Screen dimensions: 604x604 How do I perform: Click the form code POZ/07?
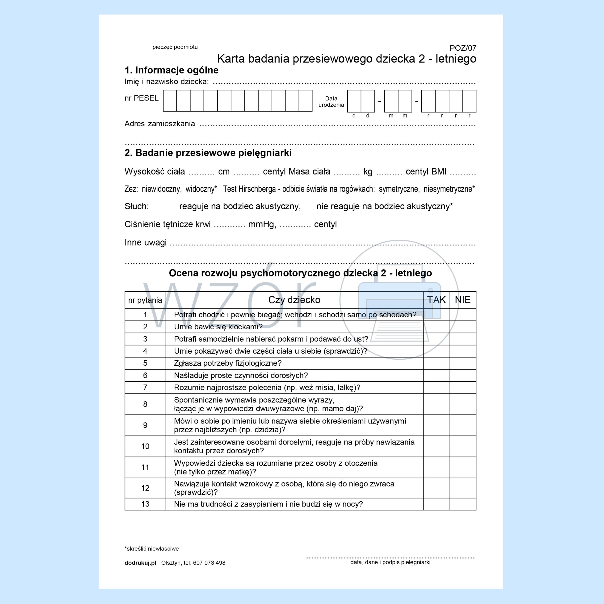click(x=463, y=48)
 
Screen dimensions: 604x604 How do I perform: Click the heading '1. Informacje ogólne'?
click(x=171, y=70)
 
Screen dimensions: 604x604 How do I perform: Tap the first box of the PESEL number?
click(x=170, y=101)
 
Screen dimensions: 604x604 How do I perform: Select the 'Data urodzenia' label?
click(x=331, y=102)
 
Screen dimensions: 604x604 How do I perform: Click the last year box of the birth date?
click(x=469, y=101)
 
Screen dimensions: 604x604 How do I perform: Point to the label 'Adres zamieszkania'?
click(x=159, y=124)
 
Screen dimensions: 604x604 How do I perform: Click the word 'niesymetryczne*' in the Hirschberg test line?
click(x=449, y=189)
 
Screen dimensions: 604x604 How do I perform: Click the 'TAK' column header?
click(x=436, y=300)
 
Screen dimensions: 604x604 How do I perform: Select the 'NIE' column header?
click(x=463, y=300)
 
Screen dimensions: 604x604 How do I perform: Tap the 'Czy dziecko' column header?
click(x=294, y=300)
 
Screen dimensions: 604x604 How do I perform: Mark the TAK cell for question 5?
click(x=436, y=363)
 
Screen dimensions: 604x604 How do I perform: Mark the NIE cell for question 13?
click(x=463, y=504)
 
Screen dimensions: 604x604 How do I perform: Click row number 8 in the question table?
click(x=145, y=404)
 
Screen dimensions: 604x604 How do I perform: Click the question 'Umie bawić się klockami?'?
click(x=218, y=327)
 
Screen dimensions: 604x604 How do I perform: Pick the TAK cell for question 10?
click(x=436, y=446)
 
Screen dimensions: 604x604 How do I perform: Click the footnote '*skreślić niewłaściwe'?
click(x=152, y=549)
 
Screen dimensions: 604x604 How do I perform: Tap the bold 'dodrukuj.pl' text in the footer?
click(x=140, y=563)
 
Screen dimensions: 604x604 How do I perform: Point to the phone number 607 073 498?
click(x=209, y=563)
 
